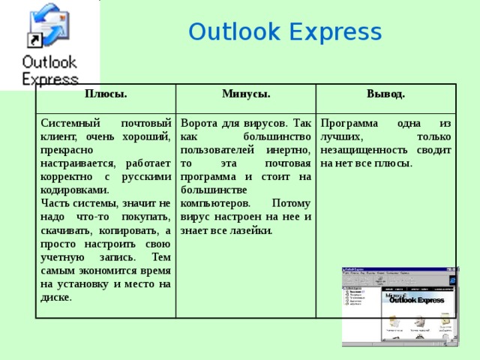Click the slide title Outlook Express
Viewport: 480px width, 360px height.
[x=285, y=32]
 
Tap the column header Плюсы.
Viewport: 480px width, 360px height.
[x=105, y=94]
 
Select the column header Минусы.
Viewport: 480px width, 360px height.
[x=245, y=94]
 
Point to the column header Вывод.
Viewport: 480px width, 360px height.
[x=385, y=94]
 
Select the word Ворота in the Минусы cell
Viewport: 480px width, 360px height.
[x=200, y=122]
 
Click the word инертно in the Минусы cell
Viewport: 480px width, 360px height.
[x=289, y=149]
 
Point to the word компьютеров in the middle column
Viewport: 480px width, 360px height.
[x=211, y=203]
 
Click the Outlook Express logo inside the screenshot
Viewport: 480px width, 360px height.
[x=415, y=300]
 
